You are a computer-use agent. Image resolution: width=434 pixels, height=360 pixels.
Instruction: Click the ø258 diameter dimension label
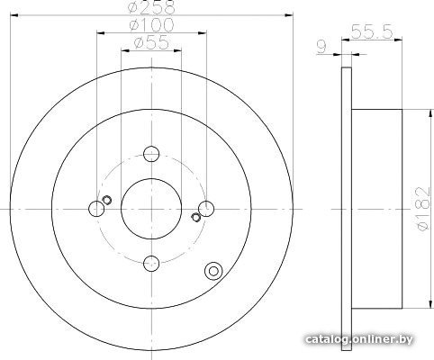(151, 6)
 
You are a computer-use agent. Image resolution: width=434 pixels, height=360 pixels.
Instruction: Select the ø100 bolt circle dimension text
(151, 24)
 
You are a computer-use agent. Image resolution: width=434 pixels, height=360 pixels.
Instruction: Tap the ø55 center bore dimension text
(151, 42)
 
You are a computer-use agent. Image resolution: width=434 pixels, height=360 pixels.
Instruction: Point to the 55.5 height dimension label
(372, 31)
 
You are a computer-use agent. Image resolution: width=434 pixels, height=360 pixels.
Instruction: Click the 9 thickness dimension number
(321, 47)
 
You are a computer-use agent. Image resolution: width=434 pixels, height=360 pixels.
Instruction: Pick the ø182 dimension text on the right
(423, 209)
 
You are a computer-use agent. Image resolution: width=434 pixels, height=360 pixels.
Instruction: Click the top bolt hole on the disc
(151, 154)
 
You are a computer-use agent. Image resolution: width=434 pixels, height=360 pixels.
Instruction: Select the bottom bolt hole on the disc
(151, 263)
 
